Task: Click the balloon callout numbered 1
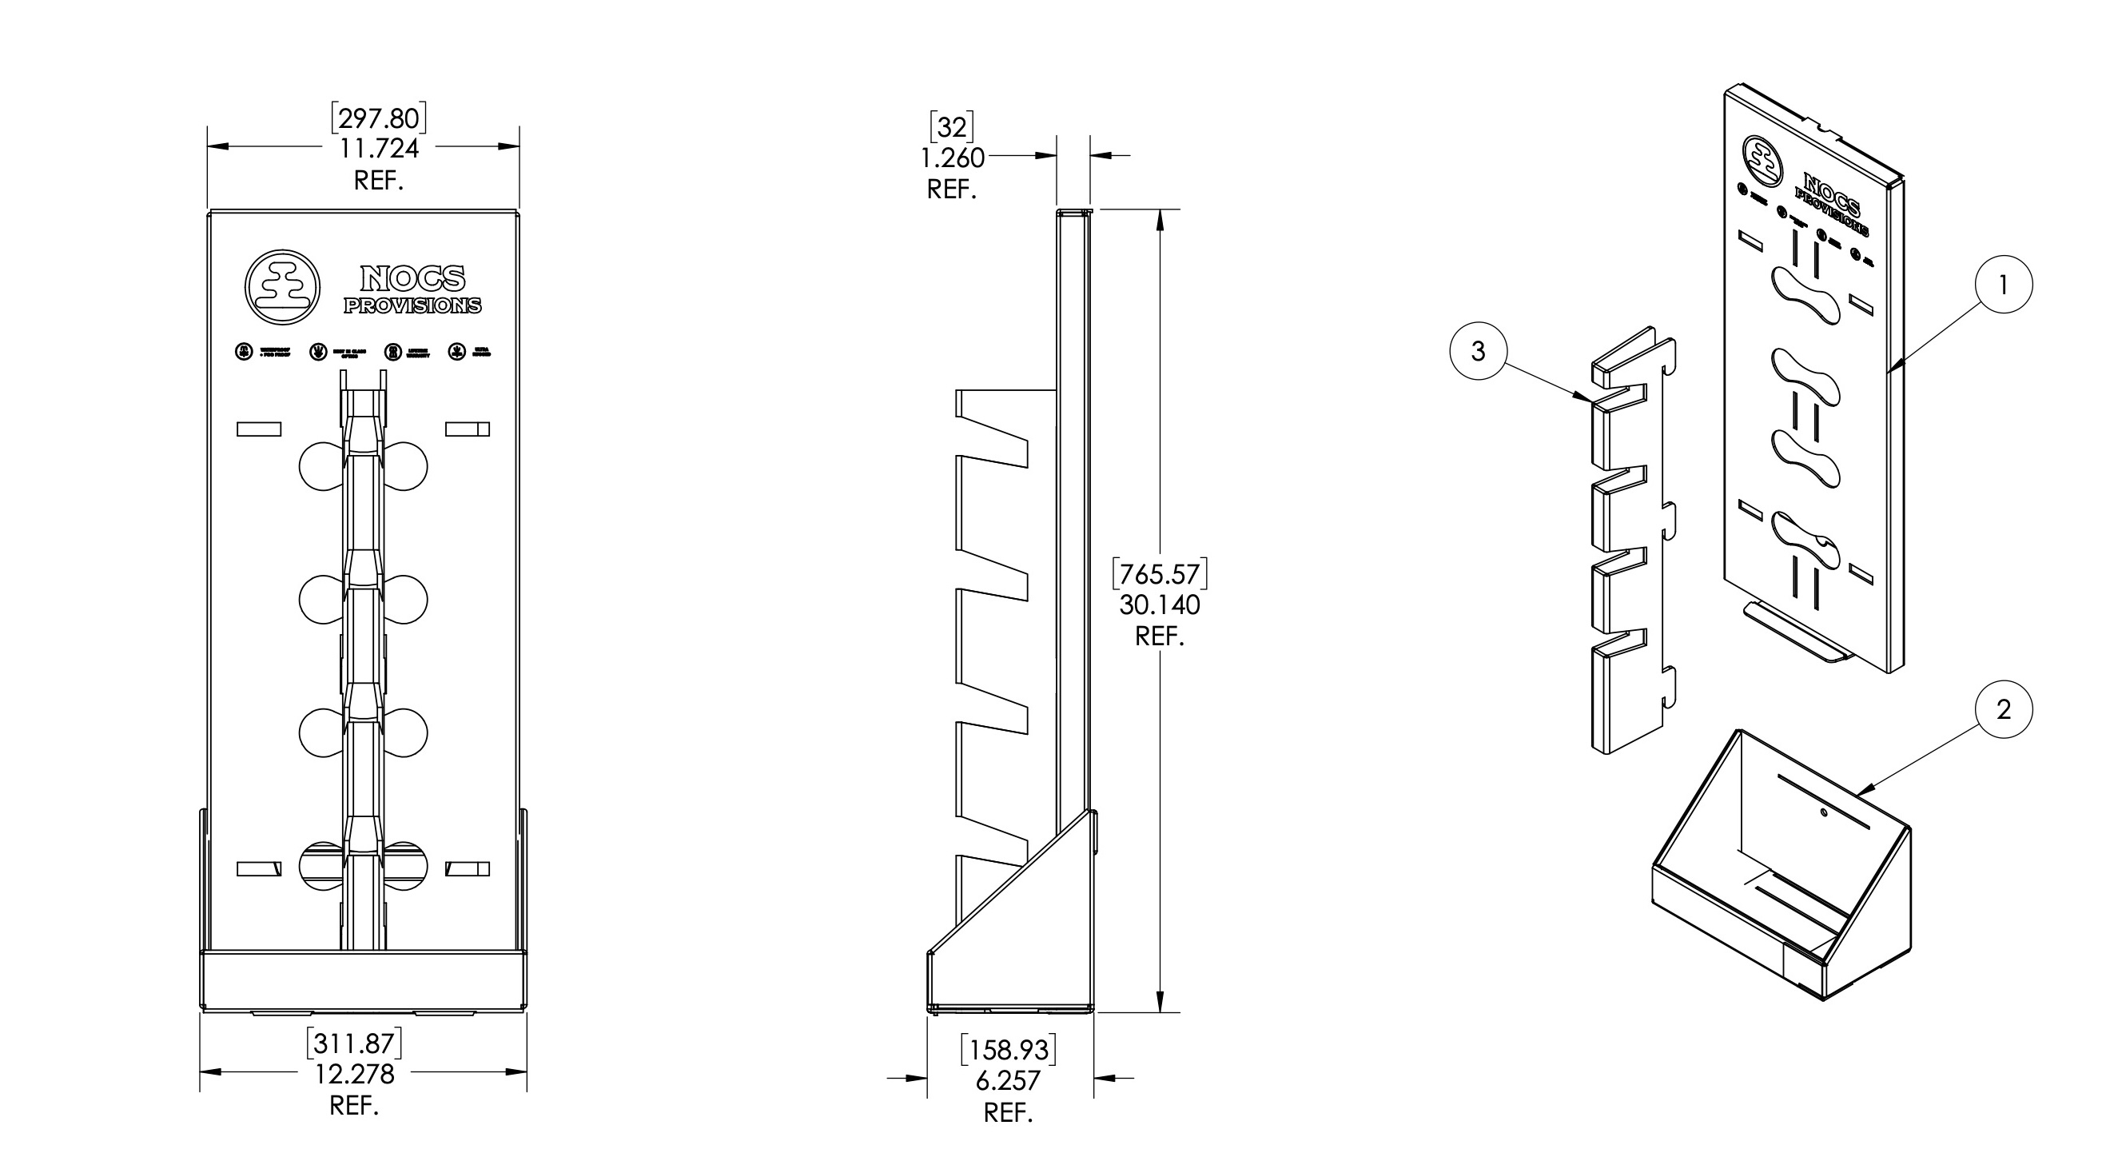pos(2003,285)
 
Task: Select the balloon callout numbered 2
pos(2003,708)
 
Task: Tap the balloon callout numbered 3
pos(1478,351)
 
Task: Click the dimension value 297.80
pos(378,119)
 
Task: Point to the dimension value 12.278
pos(355,1074)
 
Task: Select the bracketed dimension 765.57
pos(1159,573)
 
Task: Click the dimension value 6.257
pos(1008,1081)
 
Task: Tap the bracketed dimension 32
pos(952,127)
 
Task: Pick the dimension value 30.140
pos(1159,604)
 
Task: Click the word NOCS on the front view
pos(413,278)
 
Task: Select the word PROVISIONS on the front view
pos(412,305)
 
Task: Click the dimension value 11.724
pos(378,148)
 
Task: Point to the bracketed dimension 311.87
pos(355,1043)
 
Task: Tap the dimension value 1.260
pos(952,158)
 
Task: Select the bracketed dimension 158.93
pos(1008,1050)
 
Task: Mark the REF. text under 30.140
pos(1159,636)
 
